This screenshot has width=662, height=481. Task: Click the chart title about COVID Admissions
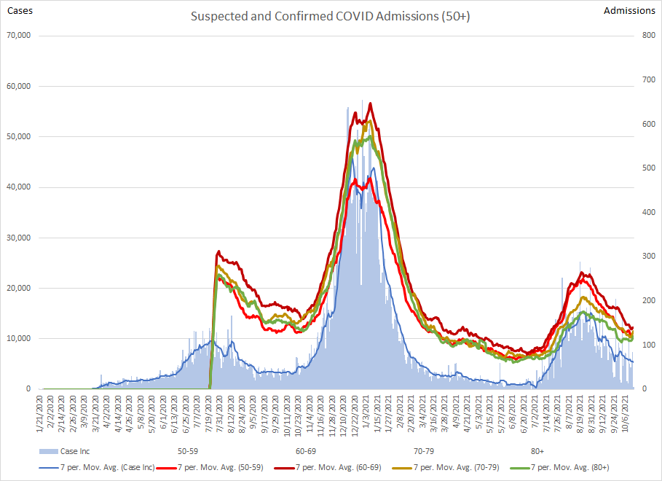click(x=330, y=16)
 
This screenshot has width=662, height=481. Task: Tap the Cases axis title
click(x=20, y=10)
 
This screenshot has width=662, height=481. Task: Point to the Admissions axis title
click(x=629, y=10)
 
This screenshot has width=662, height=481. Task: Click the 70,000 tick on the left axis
click(x=19, y=36)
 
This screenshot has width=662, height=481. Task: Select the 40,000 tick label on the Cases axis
click(x=19, y=187)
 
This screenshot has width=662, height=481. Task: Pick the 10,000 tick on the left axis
click(x=19, y=338)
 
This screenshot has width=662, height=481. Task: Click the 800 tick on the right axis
click(x=648, y=36)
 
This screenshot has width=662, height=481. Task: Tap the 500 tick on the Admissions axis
click(x=648, y=168)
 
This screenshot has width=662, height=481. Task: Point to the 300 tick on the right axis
click(x=648, y=256)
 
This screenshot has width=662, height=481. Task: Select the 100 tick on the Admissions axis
click(x=648, y=345)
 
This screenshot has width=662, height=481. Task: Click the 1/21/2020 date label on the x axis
click(x=40, y=414)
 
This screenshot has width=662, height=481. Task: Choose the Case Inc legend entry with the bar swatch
click(x=65, y=451)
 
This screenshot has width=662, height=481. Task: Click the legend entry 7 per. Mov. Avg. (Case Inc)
click(x=97, y=467)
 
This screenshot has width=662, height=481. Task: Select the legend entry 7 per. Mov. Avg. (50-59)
click(x=210, y=467)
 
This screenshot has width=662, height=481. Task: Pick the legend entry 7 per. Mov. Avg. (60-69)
click(x=328, y=467)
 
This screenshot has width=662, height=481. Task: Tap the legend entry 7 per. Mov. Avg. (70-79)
click(x=446, y=467)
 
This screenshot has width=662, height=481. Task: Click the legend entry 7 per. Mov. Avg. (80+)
click(x=559, y=467)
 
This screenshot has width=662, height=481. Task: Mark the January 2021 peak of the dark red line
click(x=370, y=103)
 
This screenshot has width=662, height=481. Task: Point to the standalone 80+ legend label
click(x=537, y=451)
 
